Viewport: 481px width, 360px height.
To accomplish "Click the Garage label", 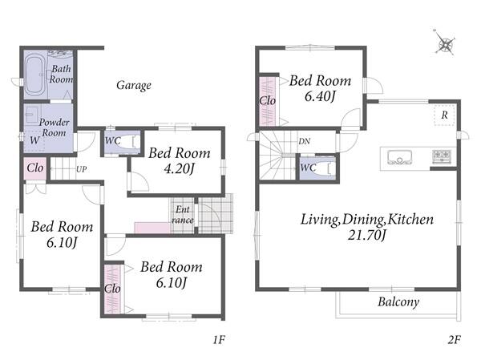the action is pyautogui.click(x=134, y=85).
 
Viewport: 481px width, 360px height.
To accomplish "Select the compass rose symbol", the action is pyautogui.click(x=444, y=42).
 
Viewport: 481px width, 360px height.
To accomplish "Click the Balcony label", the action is pyautogui.click(x=398, y=302).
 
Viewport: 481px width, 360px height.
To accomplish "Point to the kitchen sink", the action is pyautogui.click(x=399, y=157).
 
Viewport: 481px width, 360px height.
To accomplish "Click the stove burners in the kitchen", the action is pyautogui.click(x=442, y=156).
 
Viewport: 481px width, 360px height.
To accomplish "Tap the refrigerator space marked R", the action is pyautogui.click(x=444, y=115).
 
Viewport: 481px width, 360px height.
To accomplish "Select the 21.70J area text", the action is pyautogui.click(x=367, y=235).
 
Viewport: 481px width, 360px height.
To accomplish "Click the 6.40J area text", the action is pyautogui.click(x=320, y=96).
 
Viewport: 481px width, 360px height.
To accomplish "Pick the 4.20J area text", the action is pyautogui.click(x=179, y=168).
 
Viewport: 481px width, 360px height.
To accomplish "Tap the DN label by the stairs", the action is pyautogui.click(x=305, y=141).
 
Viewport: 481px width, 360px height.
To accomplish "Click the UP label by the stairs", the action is pyautogui.click(x=81, y=169).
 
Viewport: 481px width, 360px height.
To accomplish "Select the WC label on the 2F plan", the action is pyautogui.click(x=309, y=168).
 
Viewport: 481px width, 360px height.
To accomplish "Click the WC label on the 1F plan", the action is pyautogui.click(x=113, y=141).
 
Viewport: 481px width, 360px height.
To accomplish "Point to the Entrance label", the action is pyautogui.click(x=183, y=215).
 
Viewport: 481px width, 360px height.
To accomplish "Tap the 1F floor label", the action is pyautogui.click(x=220, y=340).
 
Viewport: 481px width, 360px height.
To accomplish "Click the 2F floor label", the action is pyautogui.click(x=455, y=340).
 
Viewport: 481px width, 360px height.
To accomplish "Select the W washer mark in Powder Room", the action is pyautogui.click(x=34, y=140).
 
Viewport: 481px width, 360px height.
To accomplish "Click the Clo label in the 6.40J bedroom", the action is pyautogui.click(x=268, y=101).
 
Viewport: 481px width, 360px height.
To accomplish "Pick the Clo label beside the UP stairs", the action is pyautogui.click(x=35, y=168).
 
